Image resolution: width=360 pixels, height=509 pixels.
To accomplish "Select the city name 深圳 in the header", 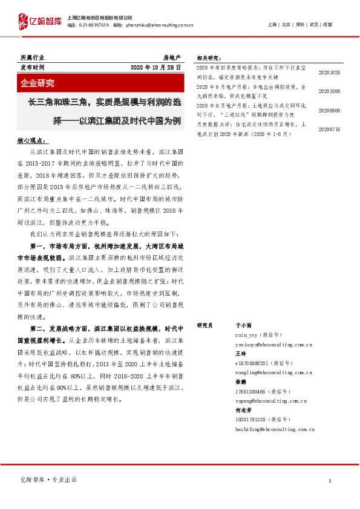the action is click(298, 24).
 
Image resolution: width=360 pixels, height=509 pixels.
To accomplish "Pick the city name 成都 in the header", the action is click(327, 24).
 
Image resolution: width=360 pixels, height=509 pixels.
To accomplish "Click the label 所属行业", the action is click(32, 58).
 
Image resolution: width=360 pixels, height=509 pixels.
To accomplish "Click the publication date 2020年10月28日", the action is click(156, 68).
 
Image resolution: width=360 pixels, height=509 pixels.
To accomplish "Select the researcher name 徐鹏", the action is click(240, 382).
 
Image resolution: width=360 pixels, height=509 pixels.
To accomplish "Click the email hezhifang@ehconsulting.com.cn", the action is click(275, 429).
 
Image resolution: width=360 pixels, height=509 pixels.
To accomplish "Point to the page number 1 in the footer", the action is click(330, 481).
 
